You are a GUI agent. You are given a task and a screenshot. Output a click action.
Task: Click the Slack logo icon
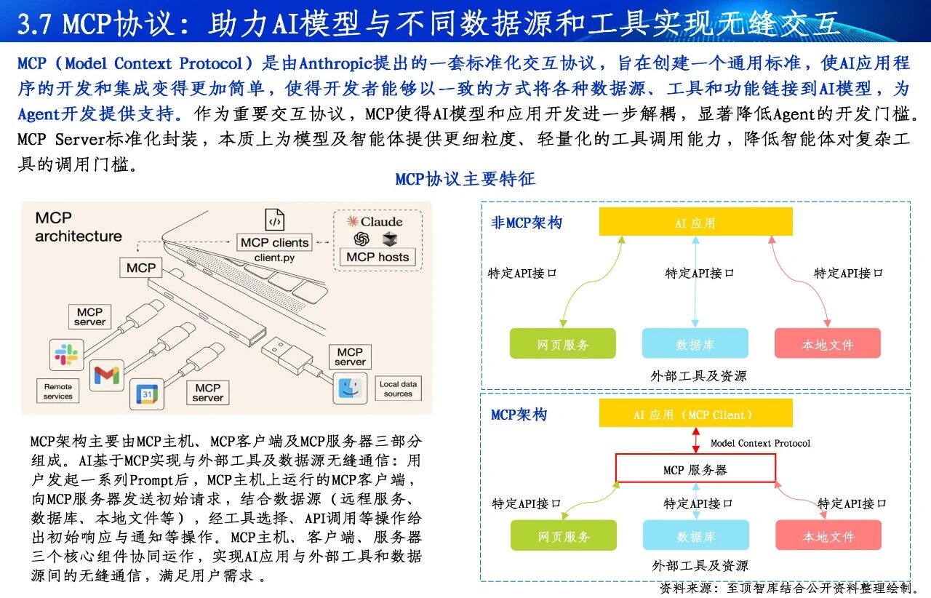tap(66, 354)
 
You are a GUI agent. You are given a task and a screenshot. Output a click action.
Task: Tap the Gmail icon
tap(107, 375)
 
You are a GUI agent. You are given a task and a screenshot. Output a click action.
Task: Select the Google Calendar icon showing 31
tap(147, 394)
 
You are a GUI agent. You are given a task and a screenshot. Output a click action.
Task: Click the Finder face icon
tap(350, 388)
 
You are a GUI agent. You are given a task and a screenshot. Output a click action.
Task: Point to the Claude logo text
tap(375, 222)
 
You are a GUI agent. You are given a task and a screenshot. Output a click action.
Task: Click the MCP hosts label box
tap(377, 257)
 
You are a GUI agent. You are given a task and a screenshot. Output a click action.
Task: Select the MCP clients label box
tap(274, 242)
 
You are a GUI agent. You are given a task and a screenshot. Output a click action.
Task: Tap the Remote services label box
tap(57, 391)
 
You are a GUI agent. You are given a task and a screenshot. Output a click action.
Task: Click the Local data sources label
tap(398, 388)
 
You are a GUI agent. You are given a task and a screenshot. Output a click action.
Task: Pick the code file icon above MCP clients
tap(275, 219)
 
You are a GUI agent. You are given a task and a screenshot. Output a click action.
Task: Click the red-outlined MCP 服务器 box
tap(695, 468)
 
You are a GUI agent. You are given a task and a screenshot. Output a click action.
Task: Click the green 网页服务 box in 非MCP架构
tap(563, 343)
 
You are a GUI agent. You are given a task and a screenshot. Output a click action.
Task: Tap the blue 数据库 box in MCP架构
tap(696, 535)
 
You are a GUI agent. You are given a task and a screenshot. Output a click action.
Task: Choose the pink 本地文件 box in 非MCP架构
tap(828, 343)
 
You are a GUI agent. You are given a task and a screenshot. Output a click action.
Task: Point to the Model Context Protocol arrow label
tap(760, 443)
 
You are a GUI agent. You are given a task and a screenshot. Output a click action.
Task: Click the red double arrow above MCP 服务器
tap(696, 440)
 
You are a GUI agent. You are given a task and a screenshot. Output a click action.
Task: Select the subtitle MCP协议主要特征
tap(465, 179)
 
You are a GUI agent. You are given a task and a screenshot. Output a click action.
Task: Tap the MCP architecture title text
tap(79, 227)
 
